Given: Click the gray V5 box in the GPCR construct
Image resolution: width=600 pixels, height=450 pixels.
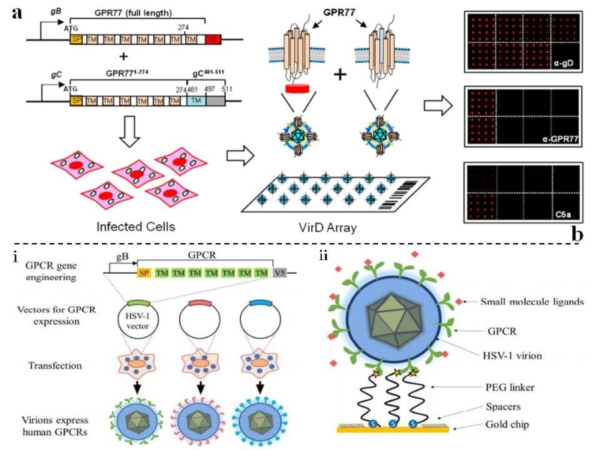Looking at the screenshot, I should [x=280, y=272].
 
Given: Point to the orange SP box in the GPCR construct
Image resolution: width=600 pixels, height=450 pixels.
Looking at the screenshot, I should [x=142, y=272].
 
